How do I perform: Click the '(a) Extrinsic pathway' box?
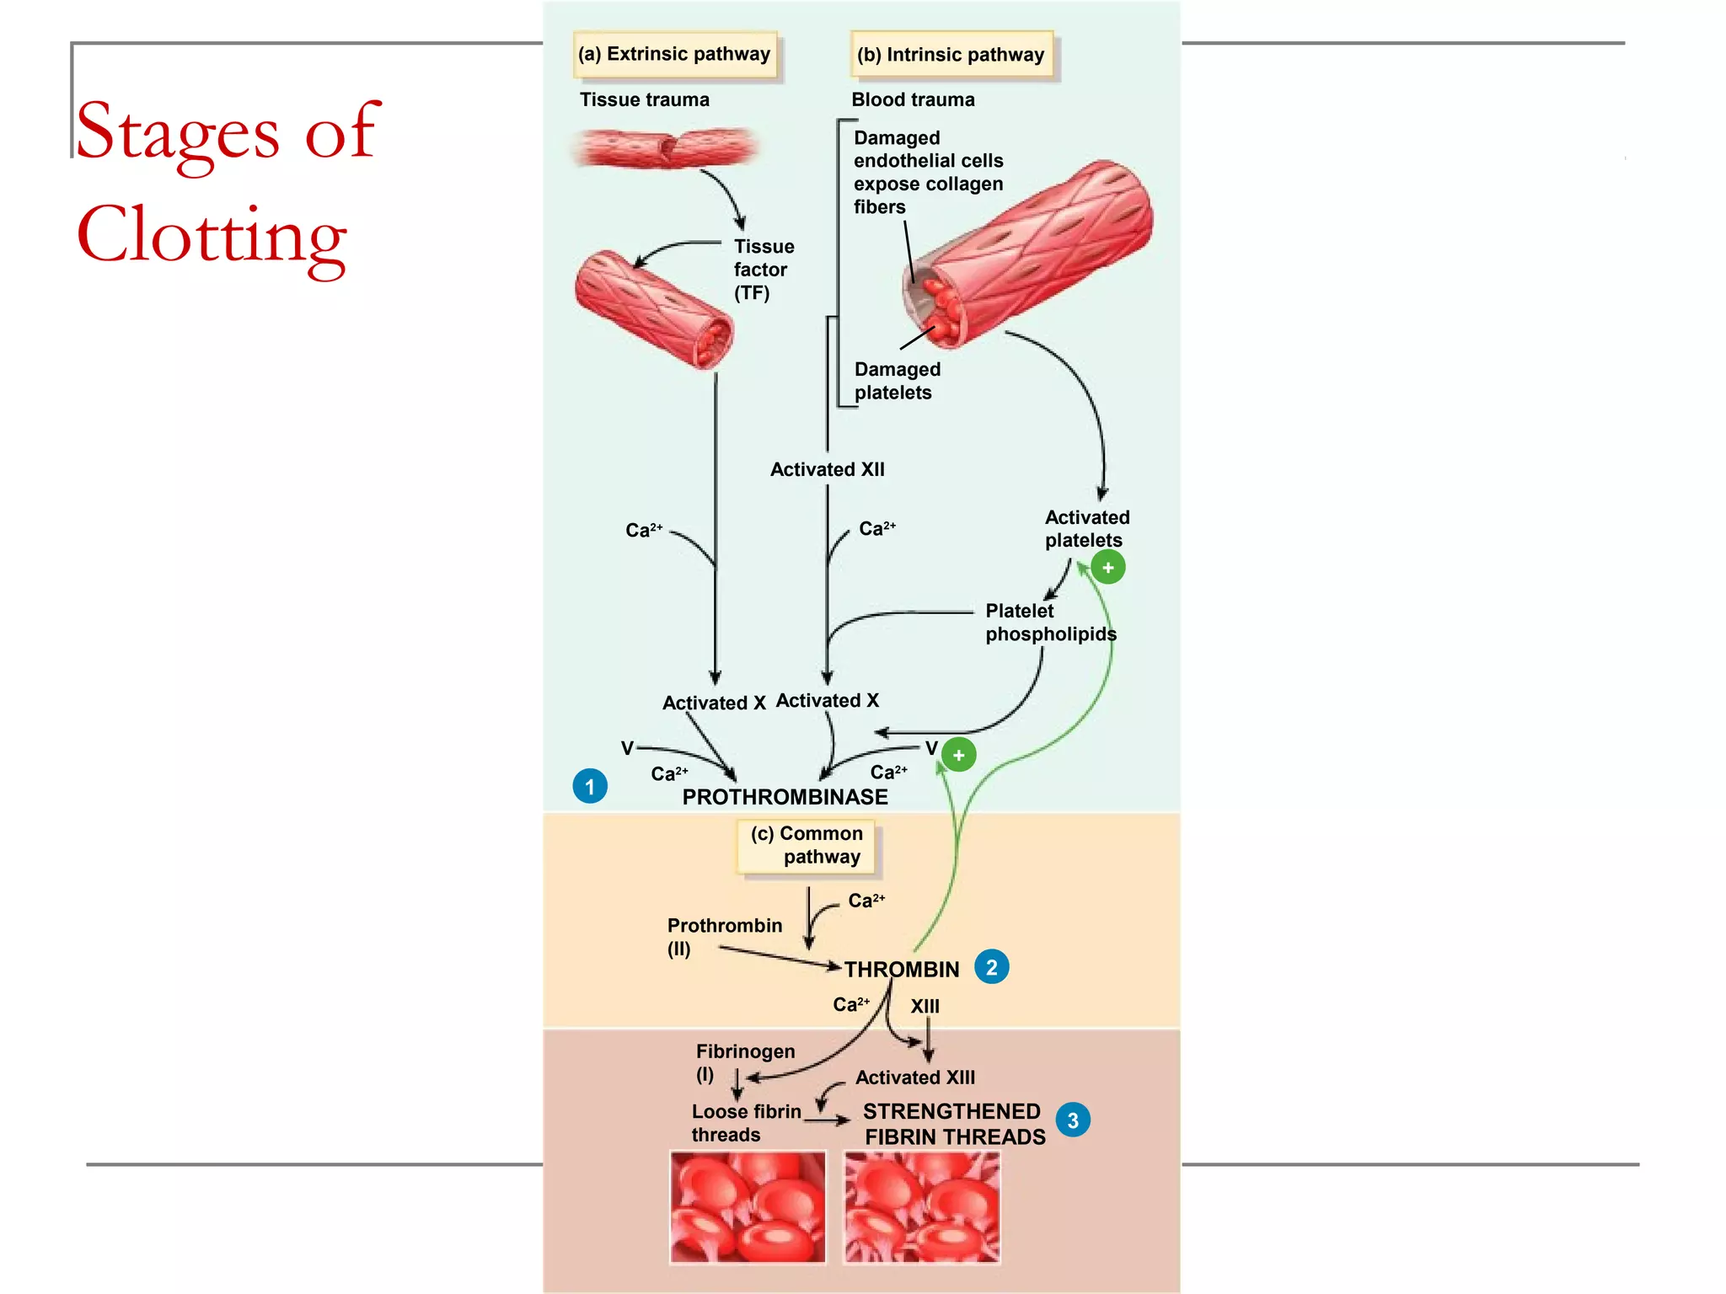(674, 55)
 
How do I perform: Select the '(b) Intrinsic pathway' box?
(951, 56)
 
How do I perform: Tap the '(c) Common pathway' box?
(807, 845)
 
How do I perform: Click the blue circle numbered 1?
(590, 786)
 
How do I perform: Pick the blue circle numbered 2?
(991, 967)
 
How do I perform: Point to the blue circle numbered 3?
(1072, 1120)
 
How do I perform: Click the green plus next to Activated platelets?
(1108, 568)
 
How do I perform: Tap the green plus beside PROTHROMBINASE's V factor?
(958, 755)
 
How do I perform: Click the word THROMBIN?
(902, 970)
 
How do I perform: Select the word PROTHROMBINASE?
(785, 797)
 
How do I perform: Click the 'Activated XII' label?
(827, 470)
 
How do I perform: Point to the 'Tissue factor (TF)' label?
(763, 270)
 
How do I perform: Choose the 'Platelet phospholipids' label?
(1050, 623)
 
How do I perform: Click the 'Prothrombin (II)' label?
(724, 936)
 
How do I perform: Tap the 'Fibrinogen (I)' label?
(744, 1061)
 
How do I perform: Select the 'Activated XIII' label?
(914, 1077)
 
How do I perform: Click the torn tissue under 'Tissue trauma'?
(666, 147)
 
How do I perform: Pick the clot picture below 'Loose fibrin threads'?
(748, 1206)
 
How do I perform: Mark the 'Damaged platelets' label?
(897, 381)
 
